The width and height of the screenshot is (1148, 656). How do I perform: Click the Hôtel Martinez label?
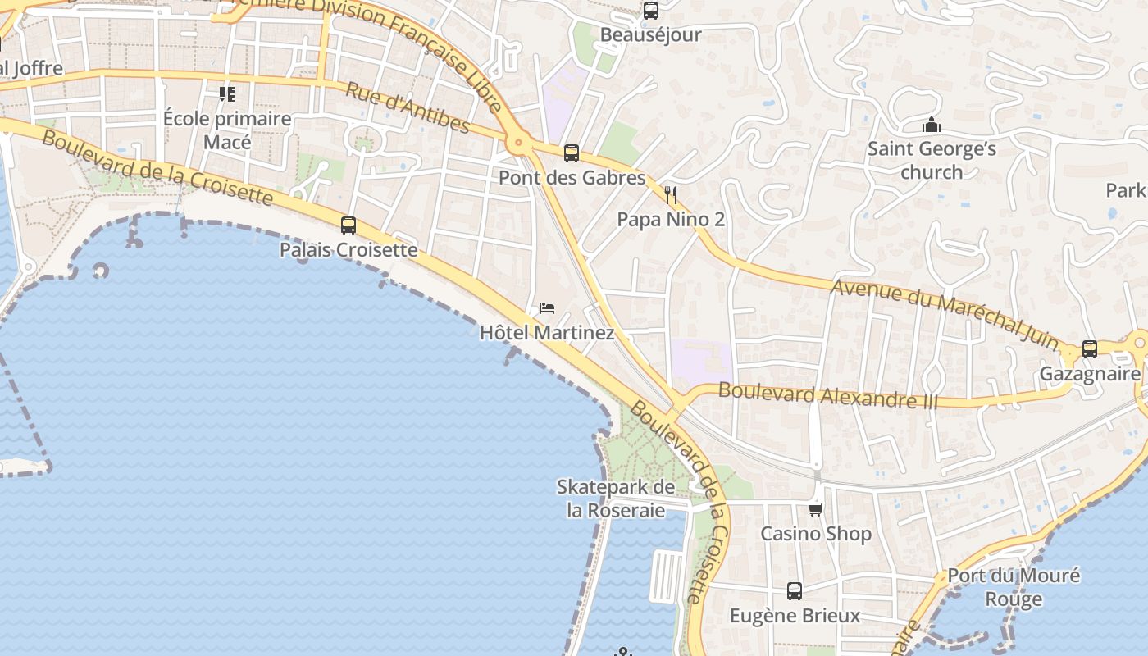point(547,333)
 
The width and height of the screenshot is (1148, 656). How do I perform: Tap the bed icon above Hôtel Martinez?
point(547,308)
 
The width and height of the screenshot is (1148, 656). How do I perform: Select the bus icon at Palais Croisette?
point(348,225)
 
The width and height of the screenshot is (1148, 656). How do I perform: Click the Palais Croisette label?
point(348,249)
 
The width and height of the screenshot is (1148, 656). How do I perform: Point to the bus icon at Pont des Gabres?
point(572,153)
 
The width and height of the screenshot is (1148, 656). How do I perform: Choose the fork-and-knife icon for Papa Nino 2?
point(671,194)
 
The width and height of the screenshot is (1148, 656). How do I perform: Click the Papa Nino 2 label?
point(671,220)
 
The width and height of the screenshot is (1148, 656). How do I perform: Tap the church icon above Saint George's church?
point(932,125)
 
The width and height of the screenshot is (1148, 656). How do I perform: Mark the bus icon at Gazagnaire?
point(1090,348)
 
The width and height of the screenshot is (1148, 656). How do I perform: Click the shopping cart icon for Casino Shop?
point(815,509)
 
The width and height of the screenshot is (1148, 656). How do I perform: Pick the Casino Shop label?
point(815,534)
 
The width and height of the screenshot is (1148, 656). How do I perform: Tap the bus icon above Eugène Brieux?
point(795,590)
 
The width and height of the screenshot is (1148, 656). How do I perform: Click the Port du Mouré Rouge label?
point(1014,587)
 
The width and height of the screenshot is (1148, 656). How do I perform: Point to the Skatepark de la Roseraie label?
point(616,499)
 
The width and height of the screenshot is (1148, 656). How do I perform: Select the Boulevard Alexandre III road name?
point(827,394)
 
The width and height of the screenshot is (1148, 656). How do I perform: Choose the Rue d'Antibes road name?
point(407,107)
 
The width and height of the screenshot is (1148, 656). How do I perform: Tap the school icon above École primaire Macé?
point(227,94)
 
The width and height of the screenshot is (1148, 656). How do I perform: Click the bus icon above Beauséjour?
point(651,11)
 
